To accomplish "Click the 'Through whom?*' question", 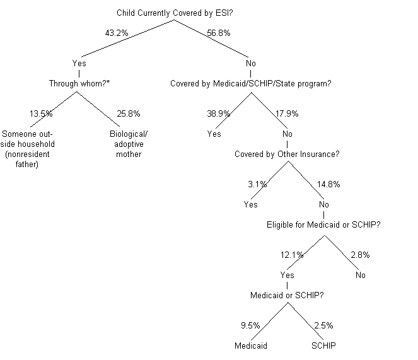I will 79,83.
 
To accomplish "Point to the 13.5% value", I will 41,114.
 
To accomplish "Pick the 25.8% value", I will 129,114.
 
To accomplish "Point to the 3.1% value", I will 257,185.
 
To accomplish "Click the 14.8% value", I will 328,185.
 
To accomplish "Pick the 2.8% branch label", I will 360,255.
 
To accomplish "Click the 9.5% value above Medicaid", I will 250,326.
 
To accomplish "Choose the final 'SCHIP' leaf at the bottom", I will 323,345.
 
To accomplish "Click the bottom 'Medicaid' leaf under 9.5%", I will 251,345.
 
